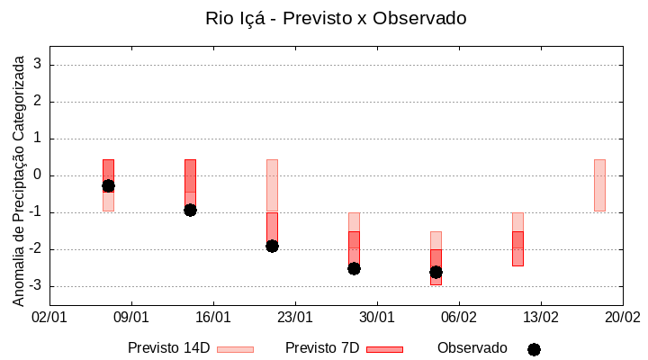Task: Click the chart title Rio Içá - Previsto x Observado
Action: (x=336, y=18)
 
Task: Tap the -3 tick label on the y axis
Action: (x=35, y=286)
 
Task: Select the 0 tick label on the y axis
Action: (x=38, y=175)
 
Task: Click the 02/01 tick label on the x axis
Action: (x=49, y=318)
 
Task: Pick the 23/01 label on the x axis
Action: (x=295, y=318)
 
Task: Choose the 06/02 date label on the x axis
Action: (x=459, y=318)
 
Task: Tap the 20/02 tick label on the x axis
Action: (x=623, y=318)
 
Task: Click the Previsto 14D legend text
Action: (x=168, y=348)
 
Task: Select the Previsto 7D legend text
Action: (x=322, y=348)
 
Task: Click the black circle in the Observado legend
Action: (x=534, y=349)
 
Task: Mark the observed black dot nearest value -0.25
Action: (x=108, y=185)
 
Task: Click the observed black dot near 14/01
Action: (x=190, y=210)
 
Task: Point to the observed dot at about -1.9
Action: (x=272, y=246)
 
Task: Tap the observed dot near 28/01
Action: (x=354, y=268)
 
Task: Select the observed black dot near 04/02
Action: (x=436, y=272)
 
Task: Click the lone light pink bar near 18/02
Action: (x=599, y=184)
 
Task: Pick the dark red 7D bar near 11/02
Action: (x=517, y=248)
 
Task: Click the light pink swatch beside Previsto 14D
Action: (x=235, y=349)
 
